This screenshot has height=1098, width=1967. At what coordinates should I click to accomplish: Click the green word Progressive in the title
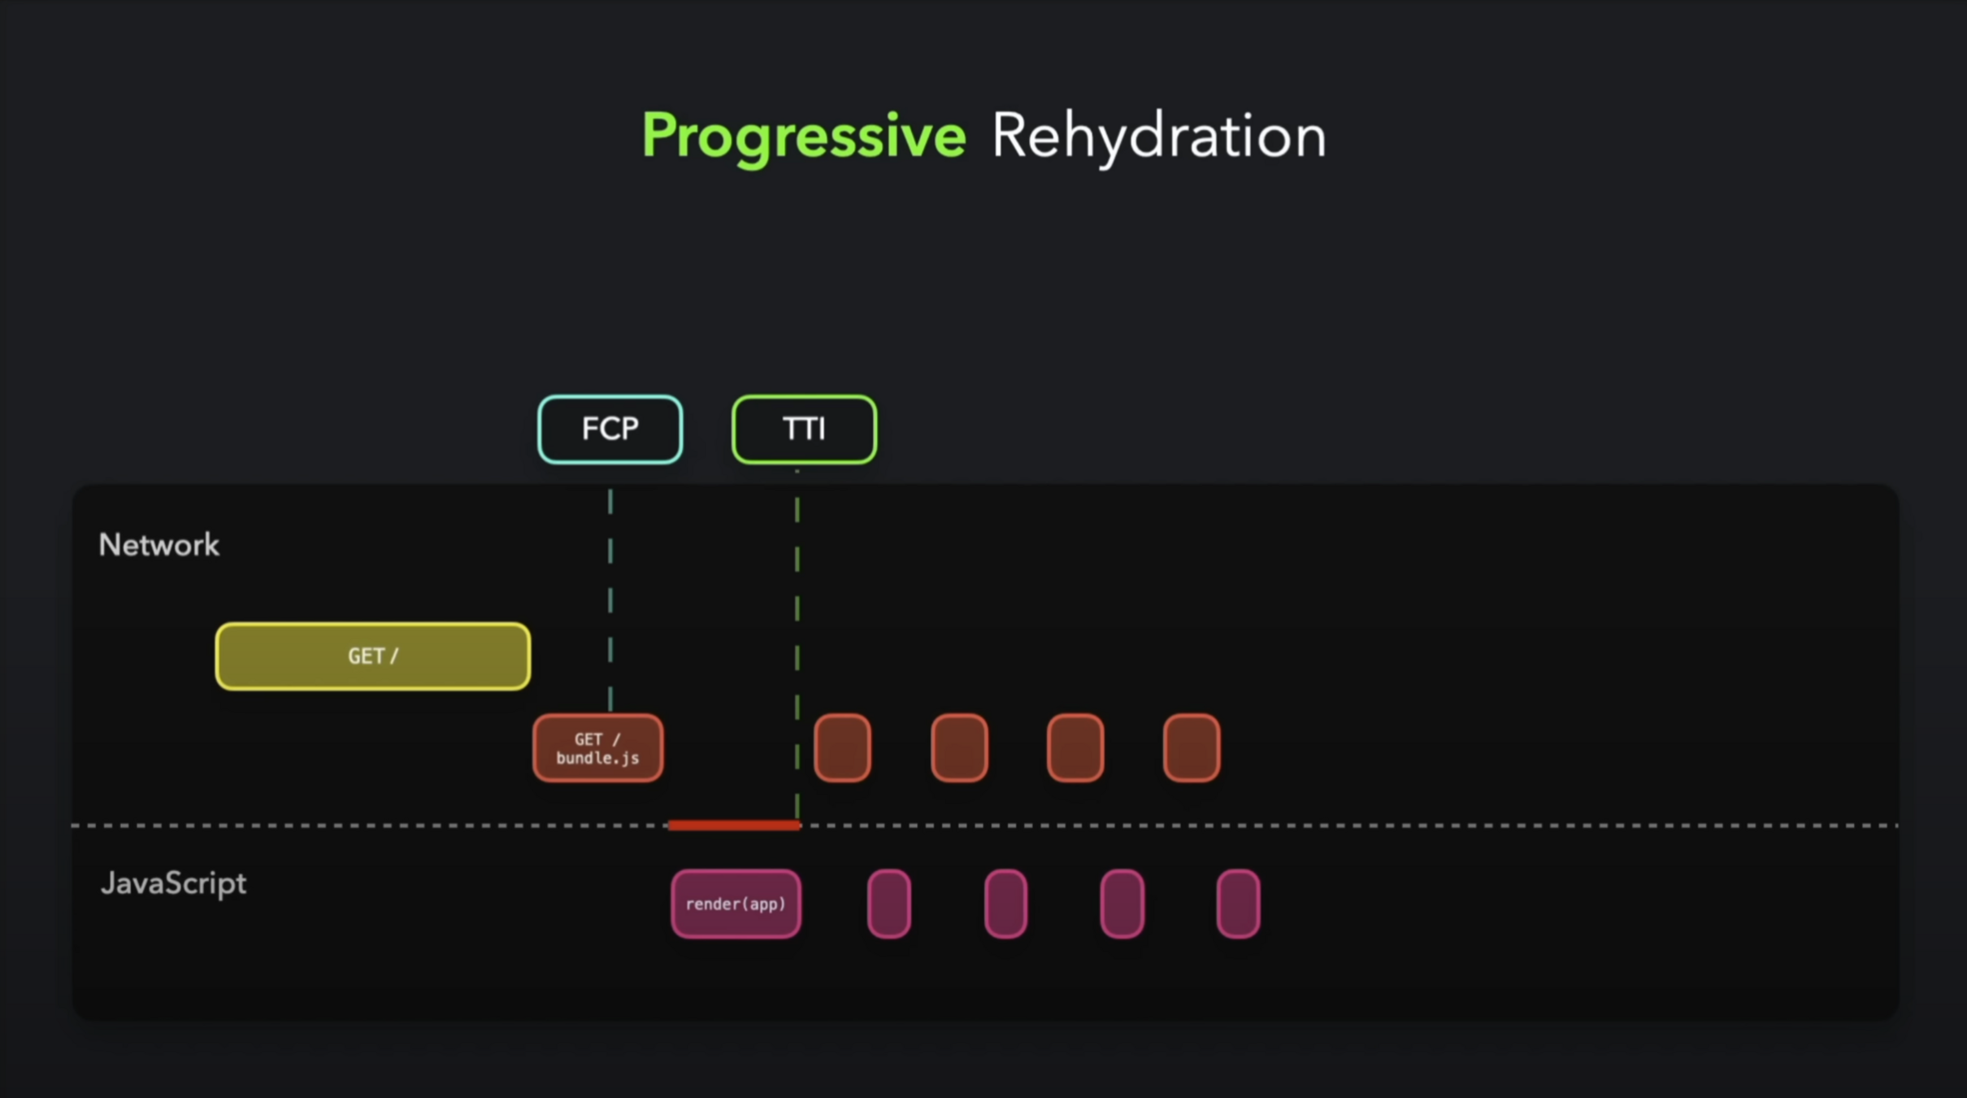tap(803, 136)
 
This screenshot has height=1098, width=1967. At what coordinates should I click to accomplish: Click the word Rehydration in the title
tap(1158, 136)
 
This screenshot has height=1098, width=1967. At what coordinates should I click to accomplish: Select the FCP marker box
tap(610, 429)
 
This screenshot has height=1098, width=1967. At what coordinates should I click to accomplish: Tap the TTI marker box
tap(804, 429)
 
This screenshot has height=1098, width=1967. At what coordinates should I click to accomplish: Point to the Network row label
tap(159, 545)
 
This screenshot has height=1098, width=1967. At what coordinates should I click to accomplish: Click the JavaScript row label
tap(173, 883)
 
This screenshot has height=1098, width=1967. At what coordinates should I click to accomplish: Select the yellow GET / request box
tap(373, 656)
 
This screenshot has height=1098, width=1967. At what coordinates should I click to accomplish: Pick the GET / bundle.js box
tap(597, 748)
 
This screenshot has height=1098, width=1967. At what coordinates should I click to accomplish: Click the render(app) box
tap(736, 904)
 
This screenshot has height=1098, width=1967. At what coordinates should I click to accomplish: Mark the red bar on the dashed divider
tap(734, 826)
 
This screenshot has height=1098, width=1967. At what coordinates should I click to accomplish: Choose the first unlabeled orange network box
tap(842, 748)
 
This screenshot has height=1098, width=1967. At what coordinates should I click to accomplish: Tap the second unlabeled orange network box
tap(959, 748)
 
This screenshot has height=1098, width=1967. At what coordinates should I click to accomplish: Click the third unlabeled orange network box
tap(1075, 748)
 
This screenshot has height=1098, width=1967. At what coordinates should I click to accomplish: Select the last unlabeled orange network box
tap(1192, 748)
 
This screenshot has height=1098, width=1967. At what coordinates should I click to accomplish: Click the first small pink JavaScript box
tap(889, 904)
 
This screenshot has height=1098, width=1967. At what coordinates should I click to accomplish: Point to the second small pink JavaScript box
tap(1005, 904)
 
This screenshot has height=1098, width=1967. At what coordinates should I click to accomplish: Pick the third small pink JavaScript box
tap(1122, 904)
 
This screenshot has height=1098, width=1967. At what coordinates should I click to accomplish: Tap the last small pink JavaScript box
tap(1238, 904)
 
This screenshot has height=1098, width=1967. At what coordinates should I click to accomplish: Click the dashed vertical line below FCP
tap(610, 602)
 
